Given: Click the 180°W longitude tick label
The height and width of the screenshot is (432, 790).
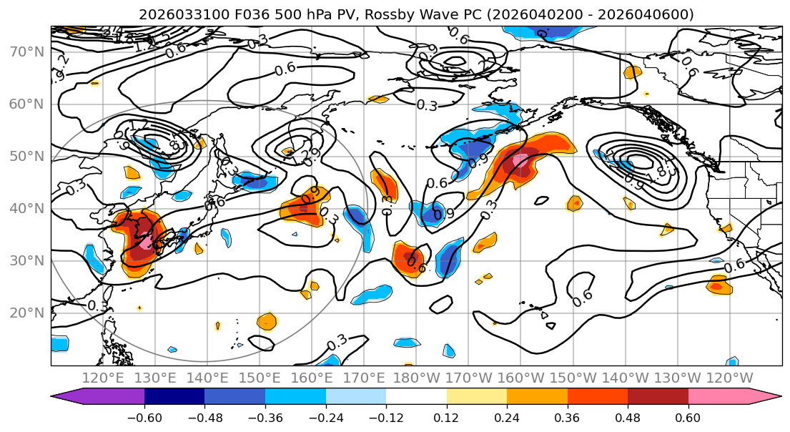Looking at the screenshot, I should click(417, 377).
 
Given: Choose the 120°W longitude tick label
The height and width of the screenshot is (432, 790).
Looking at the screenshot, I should click(730, 377).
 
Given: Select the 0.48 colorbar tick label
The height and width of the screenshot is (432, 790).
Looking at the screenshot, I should click(628, 417).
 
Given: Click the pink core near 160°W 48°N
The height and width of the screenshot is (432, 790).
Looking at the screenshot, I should click(520, 162).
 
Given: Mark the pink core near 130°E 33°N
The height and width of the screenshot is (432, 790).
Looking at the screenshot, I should click(145, 242).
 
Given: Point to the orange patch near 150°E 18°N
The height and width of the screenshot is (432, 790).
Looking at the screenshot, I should click(267, 320).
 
